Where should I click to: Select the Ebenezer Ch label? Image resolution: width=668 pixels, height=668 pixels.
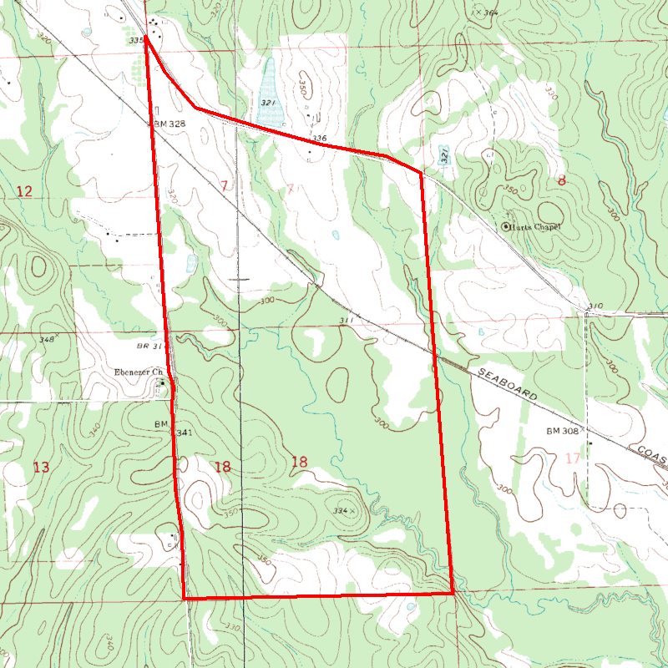click(x=137, y=372)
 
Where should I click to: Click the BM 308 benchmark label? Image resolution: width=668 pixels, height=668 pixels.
click(x=563, y=432)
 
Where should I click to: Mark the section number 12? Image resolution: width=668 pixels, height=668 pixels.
click(x=24, y=192)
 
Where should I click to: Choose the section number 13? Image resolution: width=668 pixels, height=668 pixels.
click(x=41, y=467)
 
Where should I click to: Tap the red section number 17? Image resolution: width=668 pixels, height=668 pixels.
click(x=572, y=458)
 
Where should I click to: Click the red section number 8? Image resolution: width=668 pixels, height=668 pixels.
click(x=562, y=180)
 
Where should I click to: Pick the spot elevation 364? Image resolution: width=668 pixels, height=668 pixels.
click(x=490, y=13)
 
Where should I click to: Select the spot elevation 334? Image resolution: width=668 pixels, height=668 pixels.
click(x=340, y=509)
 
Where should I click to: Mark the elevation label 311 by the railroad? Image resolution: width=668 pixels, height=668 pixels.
click(x=347, y=321)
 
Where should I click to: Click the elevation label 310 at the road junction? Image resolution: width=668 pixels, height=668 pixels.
click(x=595, y=306)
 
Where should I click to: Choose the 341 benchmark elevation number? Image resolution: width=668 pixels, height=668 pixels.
click(x=185, y=433)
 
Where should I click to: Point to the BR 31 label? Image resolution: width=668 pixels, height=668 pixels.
click(x=151, y=345)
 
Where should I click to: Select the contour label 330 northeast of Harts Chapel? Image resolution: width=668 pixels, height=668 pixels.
click(x=549, y=89)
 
